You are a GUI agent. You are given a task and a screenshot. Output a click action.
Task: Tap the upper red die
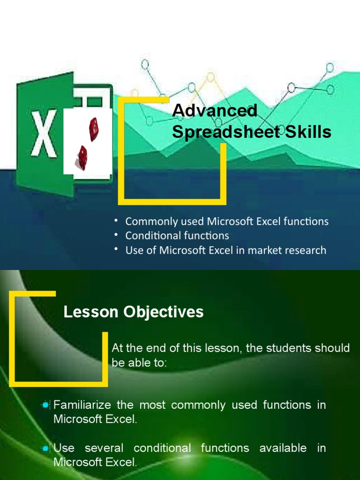[94, 129]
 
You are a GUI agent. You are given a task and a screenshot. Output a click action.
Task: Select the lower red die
[82, 157]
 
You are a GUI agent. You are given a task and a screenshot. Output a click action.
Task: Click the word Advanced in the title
[215, 111]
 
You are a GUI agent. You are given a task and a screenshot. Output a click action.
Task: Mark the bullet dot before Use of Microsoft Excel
[116, 249]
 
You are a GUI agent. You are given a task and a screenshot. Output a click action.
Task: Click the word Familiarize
[87, 405]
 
